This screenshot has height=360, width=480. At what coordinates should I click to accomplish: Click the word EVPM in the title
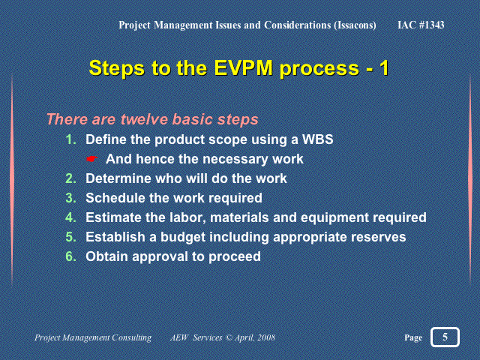pyautogui.click(x=243, y=67)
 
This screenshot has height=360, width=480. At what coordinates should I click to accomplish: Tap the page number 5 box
pyautogui.click(x=445, y=337)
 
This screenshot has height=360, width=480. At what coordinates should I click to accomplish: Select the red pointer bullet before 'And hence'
pyautogui.click(x=91, y=159)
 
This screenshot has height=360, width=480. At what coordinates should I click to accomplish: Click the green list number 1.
pyautogui.click(x=71, y=139)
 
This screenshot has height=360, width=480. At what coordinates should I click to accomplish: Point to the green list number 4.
pyautogui.click(x=71, y=217)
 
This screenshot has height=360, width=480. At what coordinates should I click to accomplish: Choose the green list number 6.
pyautogui.click(x=71, y=256)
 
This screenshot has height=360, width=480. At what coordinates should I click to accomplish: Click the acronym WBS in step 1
pyautogui.click(x=318, y=139)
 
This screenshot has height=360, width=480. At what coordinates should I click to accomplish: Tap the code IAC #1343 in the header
pyautogui.click(x=421, y=25)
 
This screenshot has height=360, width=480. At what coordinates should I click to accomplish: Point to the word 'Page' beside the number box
pyautogui.click(x=413, y=337)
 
